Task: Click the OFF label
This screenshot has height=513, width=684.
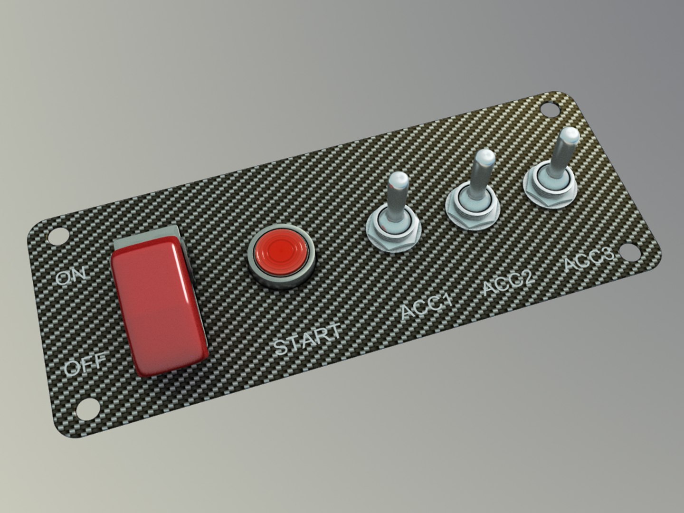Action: pos(85,366)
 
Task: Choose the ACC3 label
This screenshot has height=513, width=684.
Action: pos(589,259)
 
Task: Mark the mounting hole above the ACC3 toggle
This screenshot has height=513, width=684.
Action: pos(551,111)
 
